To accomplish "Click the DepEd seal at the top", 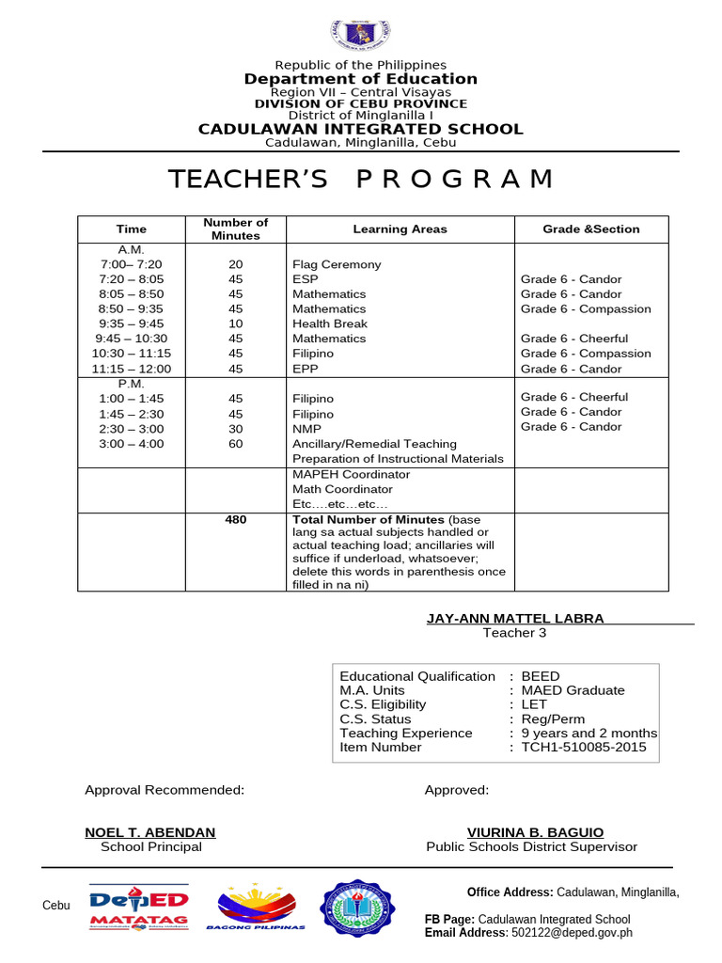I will (x=360, y=34).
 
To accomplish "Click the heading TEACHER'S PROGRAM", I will (x=360, y=180).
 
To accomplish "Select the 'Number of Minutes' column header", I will (x=235, y=229).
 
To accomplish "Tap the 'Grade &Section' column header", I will (x=590, y=229).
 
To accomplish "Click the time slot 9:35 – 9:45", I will (x=131, y=324).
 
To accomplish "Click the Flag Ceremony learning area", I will (x=337, y=264).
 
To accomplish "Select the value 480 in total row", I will (x=235, y=519).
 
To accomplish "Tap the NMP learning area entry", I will (x=306, y=429).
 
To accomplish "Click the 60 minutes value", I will (x=235, y=444).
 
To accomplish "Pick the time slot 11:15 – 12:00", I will (x=131, y=369).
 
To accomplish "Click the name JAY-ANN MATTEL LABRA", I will (x=515, y=618).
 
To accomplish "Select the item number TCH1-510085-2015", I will (x=582, y=747).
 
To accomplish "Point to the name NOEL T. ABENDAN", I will (x=150, y=832).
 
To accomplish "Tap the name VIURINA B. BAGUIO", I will (x=535, y=832).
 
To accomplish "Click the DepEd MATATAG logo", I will (x=139, y=908).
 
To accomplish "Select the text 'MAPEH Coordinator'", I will (x=351, y=474).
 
